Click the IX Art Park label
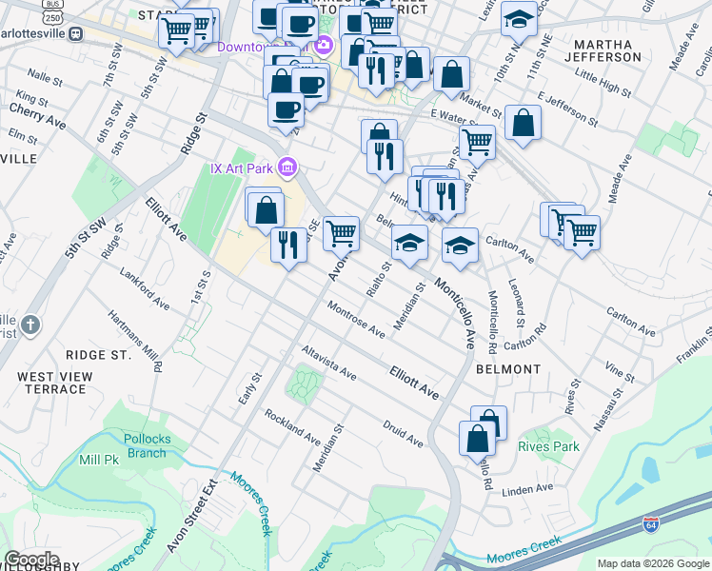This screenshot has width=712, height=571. [x=242, y=168]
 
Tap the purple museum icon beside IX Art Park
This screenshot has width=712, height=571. [x=287, y=168]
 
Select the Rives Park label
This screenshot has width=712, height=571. [x=548, y=446]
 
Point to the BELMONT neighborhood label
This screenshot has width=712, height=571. [x=508, y=368]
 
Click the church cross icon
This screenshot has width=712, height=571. [x=31, y=325]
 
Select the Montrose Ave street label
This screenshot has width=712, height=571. [x=356, y=319]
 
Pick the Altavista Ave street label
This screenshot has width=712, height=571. [x=328, y=363]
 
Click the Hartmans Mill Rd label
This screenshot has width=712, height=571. [x=134, y=340]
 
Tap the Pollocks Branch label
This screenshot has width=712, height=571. [x=145, y=445]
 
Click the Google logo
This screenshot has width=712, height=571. [x=30, y=560]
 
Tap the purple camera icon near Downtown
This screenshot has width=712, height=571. [x=323, y=45]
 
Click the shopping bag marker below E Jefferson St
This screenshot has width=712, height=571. [x=523, y=123]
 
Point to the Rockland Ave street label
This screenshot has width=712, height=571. [x=292, y=427]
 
